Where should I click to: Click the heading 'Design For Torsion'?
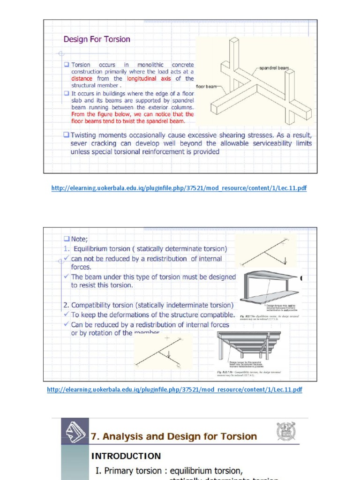(97, 39)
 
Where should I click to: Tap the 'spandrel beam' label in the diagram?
(276, 68)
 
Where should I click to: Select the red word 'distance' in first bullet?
(82, 79)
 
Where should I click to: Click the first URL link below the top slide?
(179, 188)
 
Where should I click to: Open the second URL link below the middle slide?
(174, 390)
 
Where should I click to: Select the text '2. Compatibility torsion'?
(106, 305)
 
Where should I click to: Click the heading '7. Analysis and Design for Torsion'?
(173, 436)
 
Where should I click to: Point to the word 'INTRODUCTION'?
(126, 456)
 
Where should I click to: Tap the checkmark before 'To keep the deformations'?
(67, 315)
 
